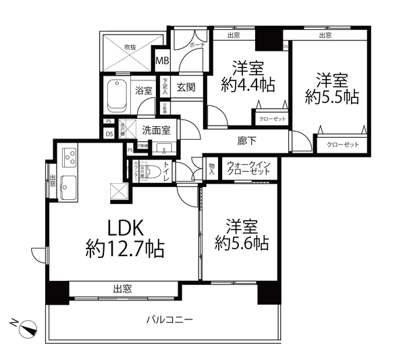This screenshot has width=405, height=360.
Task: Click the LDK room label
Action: tap(125, 228)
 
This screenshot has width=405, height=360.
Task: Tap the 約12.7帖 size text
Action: tap(125, 249)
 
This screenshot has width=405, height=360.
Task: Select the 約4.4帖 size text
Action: tap(247, 85)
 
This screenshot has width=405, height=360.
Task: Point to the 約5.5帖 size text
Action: tap(331, 97)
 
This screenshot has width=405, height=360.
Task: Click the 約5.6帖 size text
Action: tap(241, 242)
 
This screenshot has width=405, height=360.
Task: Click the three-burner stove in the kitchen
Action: tap(70, 158)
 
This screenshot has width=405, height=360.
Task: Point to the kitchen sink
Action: tap(69, 183)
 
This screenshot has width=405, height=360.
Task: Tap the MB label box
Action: tap(162, 61)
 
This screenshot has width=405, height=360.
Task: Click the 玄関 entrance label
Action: tap(186, 88)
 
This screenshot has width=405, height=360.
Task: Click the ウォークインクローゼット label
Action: tap(250, 167)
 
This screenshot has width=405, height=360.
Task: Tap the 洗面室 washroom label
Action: tap(155, 128)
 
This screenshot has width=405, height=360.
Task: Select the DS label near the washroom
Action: tap(109, 133)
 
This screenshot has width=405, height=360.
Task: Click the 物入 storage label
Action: tap(211, 167)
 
